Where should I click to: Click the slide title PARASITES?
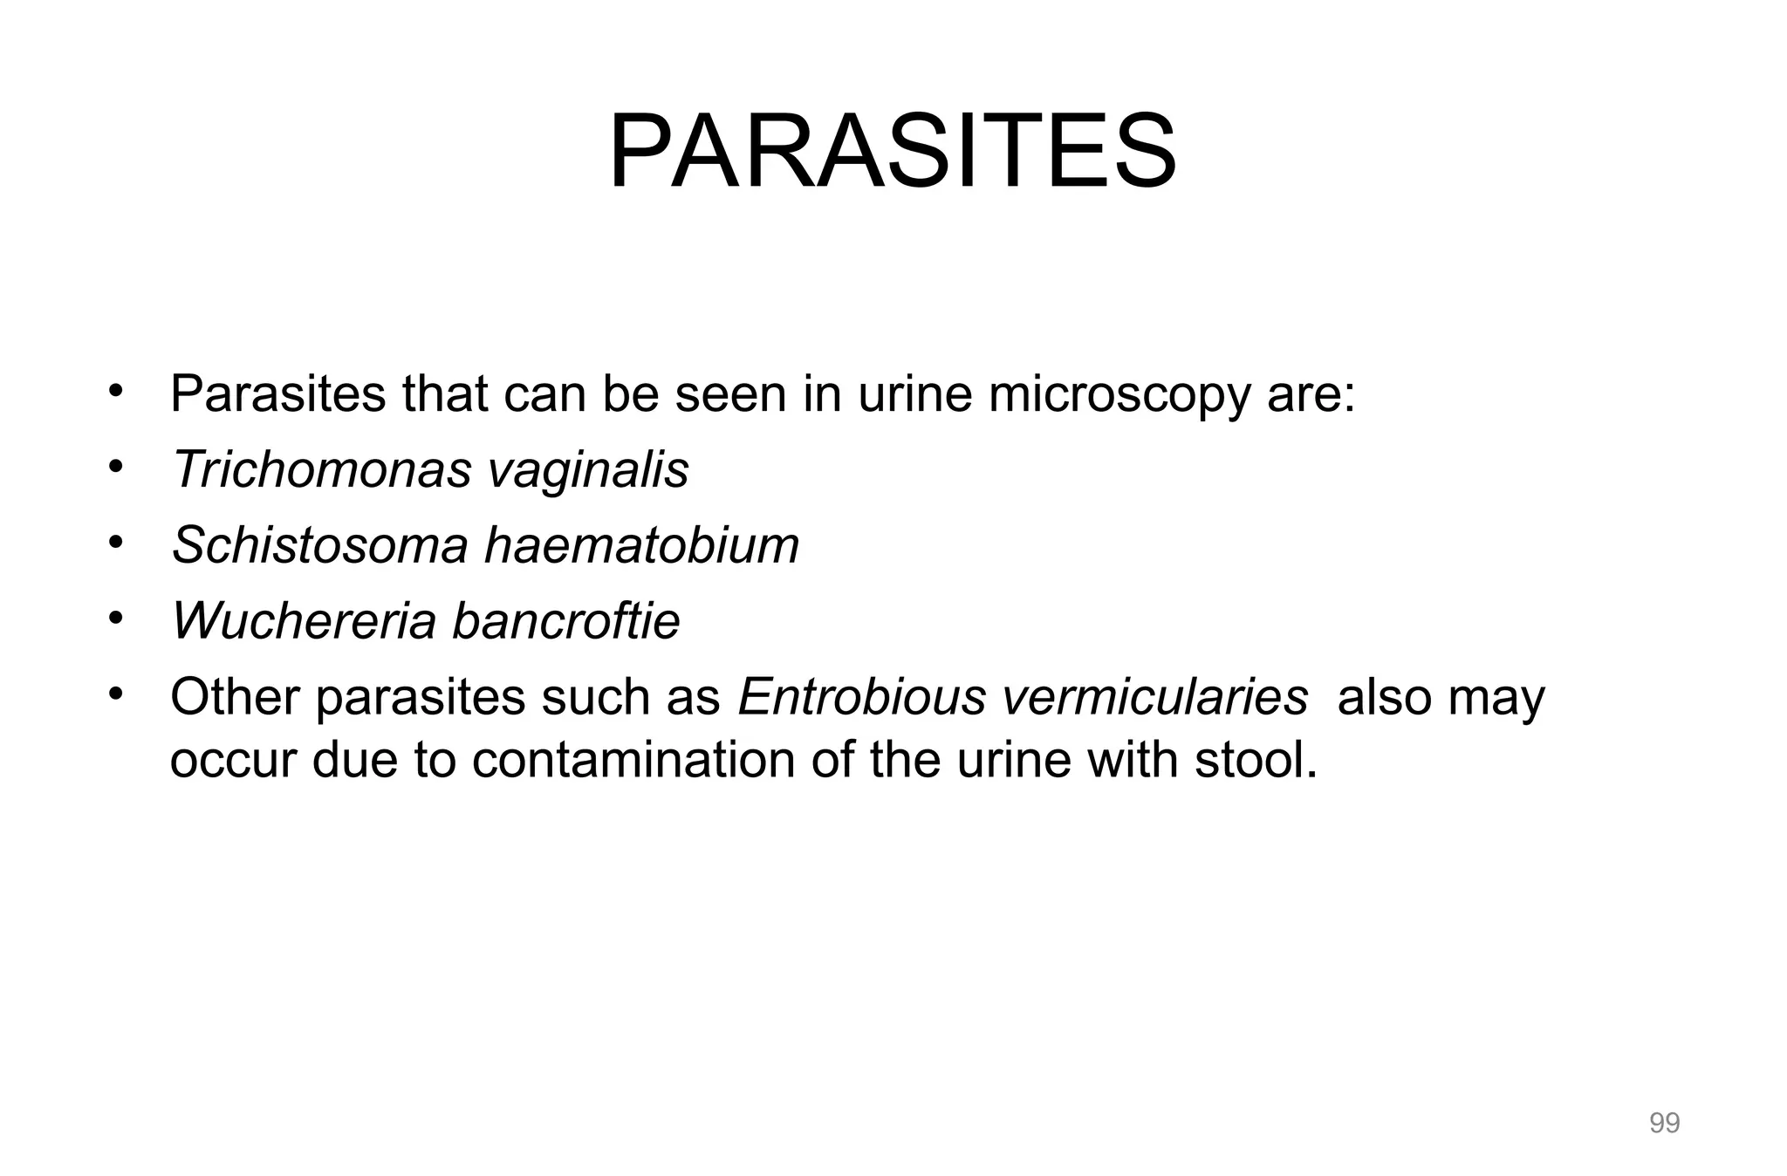tap(892, 152)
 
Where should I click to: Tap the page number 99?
tap(1664, 1123)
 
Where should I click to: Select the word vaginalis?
tap(587, 469)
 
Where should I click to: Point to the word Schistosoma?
tap(320, 545)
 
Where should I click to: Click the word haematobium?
tap(641, 545)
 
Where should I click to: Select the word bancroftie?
tap(565, 621)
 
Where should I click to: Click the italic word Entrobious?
tap(860, 697)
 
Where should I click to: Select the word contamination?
tap(633, 760)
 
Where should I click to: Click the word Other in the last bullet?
tap(235, 697)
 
